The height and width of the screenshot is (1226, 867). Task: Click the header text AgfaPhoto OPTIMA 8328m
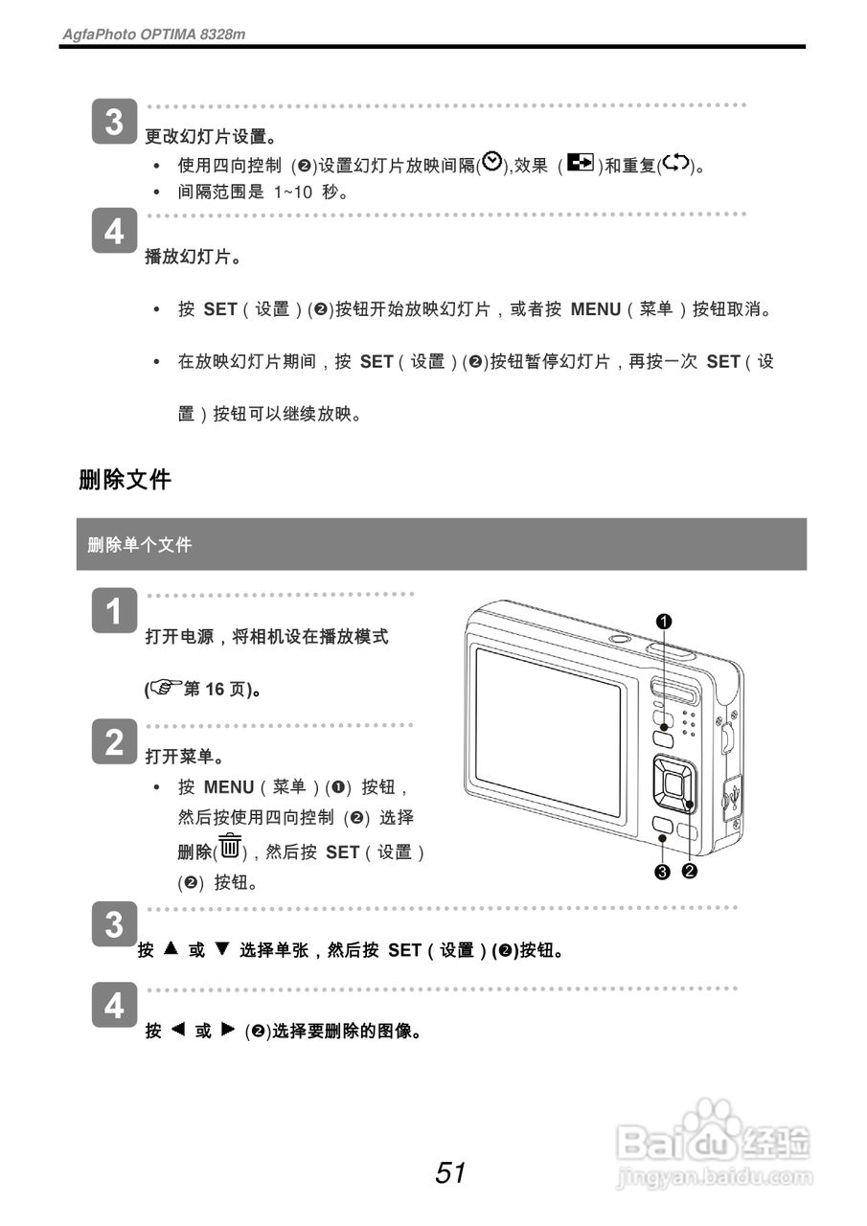[154, 34]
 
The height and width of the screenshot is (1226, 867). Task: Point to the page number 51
[450, 1172]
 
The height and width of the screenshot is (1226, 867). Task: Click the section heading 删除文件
[125, 480]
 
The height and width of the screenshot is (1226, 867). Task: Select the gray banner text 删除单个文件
[140, 545]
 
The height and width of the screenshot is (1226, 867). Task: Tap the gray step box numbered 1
[114, 611]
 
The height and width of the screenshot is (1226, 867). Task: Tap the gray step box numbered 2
[114, 742]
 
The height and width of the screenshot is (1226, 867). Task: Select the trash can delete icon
[230, 848]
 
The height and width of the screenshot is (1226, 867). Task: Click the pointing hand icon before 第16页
[167, 688]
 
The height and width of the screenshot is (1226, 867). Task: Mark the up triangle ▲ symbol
[171, 948]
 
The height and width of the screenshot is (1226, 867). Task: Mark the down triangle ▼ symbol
[222, 948]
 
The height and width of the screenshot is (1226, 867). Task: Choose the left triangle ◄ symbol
[177, 1030]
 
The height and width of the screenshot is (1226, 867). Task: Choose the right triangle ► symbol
[227, 1030]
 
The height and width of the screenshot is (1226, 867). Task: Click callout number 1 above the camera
[664, 621]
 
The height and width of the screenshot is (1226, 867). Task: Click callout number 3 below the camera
[662, 871]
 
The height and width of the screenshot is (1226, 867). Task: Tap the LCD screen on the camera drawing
[548, 730]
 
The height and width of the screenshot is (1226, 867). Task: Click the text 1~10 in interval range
[293, 192]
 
